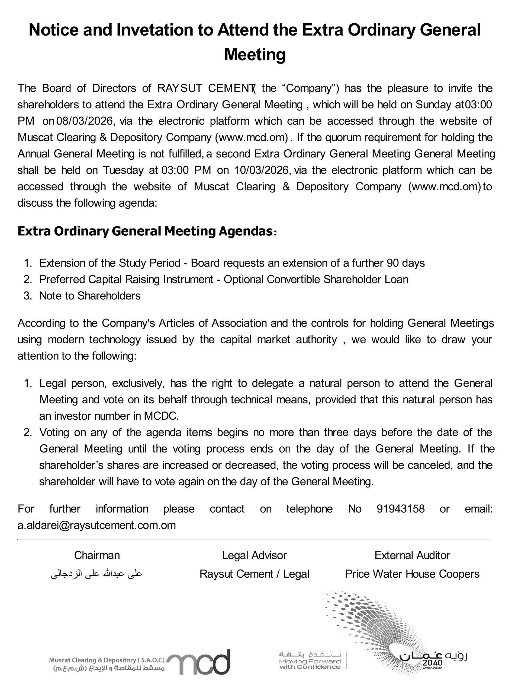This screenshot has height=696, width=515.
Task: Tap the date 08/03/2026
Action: [x=84, y=121]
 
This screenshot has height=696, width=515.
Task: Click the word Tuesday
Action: [x=123, y=170]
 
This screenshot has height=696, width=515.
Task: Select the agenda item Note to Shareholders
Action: [x=90, y=296]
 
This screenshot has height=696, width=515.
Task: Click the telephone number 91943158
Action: [x=400, y=509]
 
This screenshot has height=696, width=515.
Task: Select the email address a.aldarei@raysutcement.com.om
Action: [x=97, y=525]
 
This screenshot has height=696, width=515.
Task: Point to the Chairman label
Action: [x=97, y=555]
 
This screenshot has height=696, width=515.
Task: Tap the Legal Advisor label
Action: [x=254, y=555]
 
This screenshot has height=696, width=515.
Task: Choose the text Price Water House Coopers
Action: [x=412, y=574]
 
